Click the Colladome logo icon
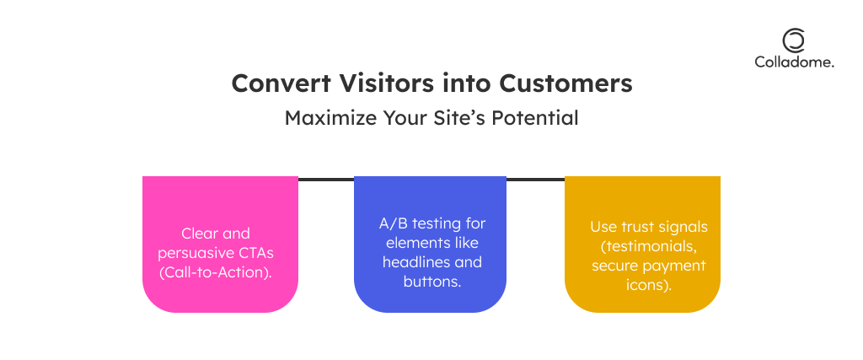pos(794,41)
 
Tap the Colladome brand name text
pos(794,62)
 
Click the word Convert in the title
pos(281,83)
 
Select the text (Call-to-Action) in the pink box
pos(217,273)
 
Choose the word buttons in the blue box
pos(432,282)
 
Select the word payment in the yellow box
pos(680,266)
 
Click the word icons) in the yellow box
pos(649,285)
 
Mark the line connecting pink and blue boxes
pos(326,180)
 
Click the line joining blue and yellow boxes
pos(535,180)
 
